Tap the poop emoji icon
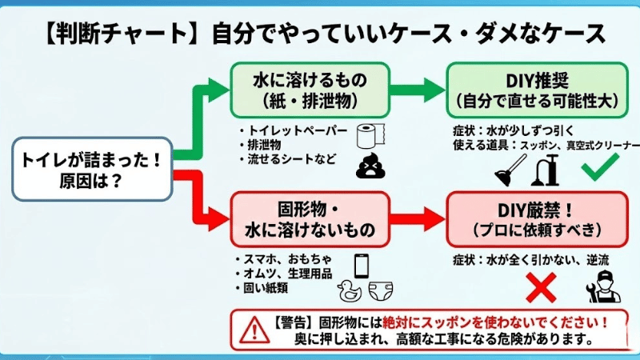pyautogui.click(x=368, y=166)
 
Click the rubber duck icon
pyautogui.click(x=348, y=290)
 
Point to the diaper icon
pyautogui.click(x=376, y=290)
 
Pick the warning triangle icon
pyautogui.click(x=253, y=328)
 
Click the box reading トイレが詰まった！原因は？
pyautogui.click(x=91, y=169)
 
